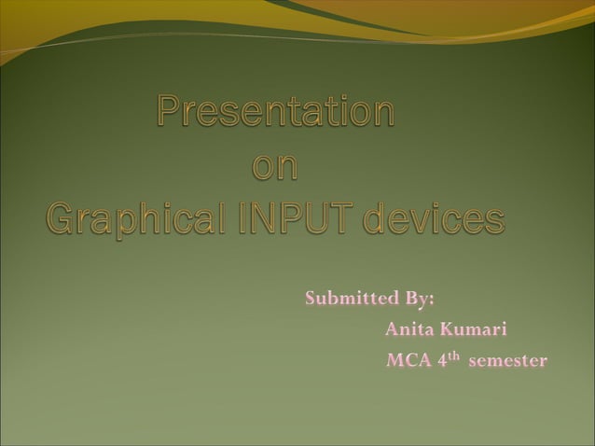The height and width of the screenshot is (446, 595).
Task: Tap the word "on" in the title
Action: point(276,165)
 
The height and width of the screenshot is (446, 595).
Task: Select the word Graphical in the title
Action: point(135,220)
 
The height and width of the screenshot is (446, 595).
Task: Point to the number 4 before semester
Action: point(442,360)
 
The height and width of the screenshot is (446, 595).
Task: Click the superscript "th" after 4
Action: point(454,356)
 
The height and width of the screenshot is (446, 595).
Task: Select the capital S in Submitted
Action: point(311,300)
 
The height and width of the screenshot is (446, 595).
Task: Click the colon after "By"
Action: point(432,301)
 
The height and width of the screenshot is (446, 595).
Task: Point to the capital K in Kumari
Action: point(447,329)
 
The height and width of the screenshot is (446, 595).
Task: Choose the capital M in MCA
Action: point(394,360)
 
